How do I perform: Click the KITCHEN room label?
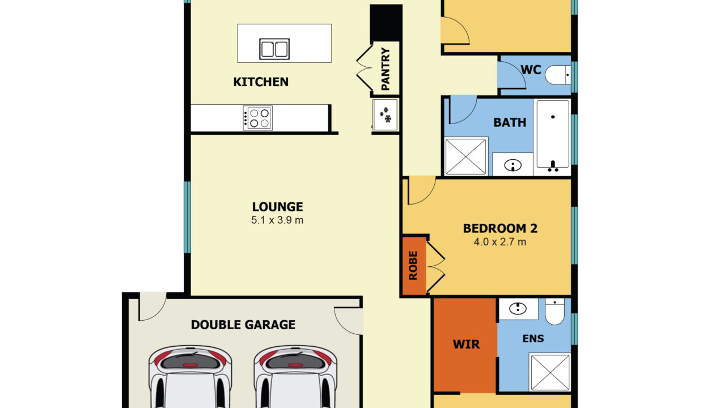(261, 82)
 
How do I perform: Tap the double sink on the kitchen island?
(274, 49)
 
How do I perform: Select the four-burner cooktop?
(257, 118)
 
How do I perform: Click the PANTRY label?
(386, 69)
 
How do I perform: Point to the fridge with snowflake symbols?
(385, 115)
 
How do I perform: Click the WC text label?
(531, 70)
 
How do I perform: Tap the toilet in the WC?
(558, 75)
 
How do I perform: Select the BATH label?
(510, 122)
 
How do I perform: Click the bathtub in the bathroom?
(553, 137)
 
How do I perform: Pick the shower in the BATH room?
(466, 156)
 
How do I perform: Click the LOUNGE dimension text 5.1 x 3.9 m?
(277, 220)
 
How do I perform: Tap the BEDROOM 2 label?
(500, 228)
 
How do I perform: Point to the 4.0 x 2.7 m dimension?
(500, 242)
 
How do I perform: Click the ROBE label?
(413, 266)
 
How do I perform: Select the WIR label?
(467, 345)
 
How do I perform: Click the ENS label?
(533, 339)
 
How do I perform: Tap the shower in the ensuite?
(550, 372)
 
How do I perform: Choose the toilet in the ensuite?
(554, 312)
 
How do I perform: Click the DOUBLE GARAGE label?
(243, 325)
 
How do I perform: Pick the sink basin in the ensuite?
(518, 309)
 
